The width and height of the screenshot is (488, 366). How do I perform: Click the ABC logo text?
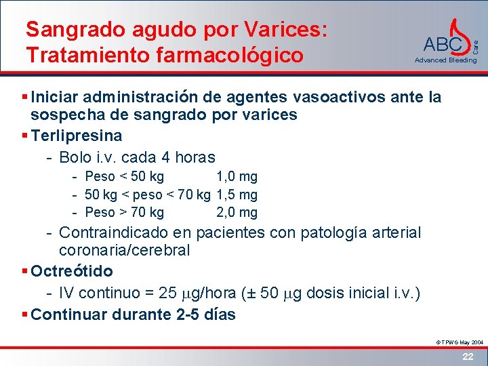click(x=443, y=45)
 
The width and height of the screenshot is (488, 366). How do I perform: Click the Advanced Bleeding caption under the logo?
click(x=445, y=60)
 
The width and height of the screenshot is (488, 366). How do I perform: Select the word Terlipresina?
click(x=77, y=136)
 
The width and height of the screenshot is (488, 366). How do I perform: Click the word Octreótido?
click(x=72, y=271)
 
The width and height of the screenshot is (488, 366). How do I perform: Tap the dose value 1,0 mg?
click(x=237, y=177)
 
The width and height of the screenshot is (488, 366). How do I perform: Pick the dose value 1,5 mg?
click(x=237, y=195)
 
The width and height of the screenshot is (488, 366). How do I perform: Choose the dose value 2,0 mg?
click(x=237, y=213)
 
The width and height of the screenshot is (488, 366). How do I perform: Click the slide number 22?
click(x=468, y=357)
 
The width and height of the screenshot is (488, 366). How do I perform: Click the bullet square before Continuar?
click(x=25, y=314)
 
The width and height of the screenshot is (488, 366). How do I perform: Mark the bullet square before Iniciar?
click(x=25, y=98)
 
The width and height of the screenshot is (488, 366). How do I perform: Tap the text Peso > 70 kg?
click(x=125, y=213)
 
